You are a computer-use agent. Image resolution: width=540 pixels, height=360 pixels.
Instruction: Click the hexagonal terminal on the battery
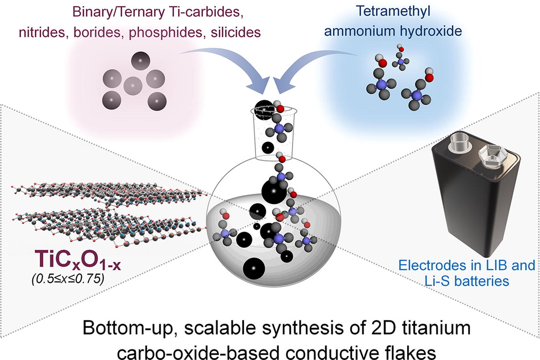coord(490,155)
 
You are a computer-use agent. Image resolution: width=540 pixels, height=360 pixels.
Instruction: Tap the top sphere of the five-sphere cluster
coord(140,61)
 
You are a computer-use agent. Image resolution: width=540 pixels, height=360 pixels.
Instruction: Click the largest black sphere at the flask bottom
coord(254,269)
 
